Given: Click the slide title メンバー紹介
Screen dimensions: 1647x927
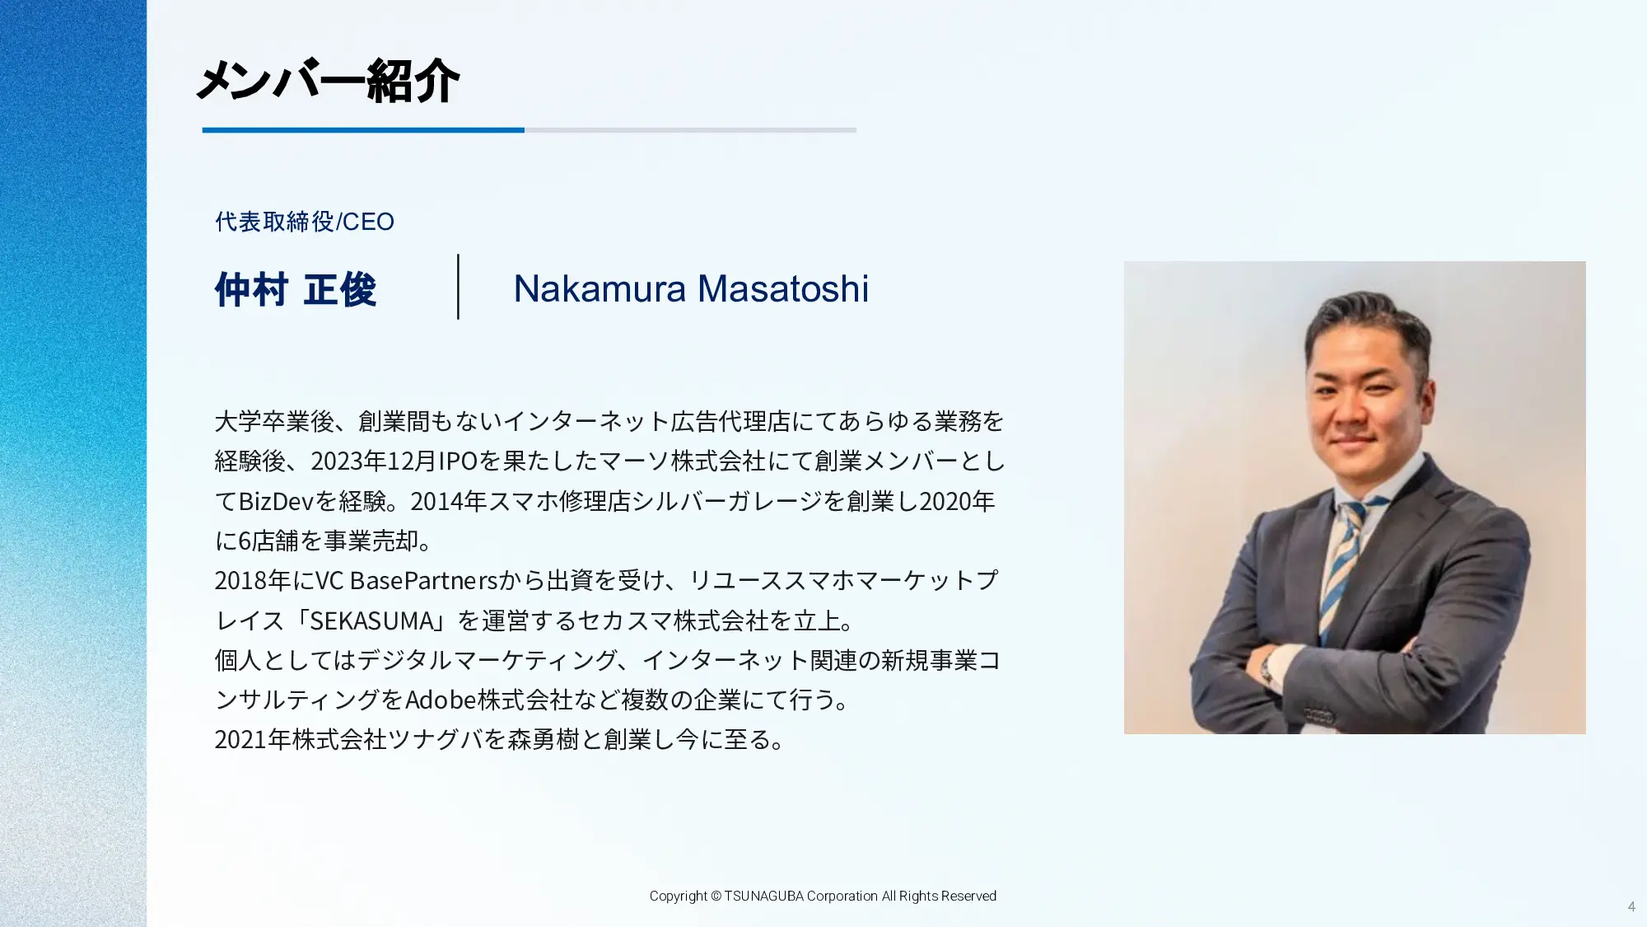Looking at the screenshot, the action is (x=328, y=82).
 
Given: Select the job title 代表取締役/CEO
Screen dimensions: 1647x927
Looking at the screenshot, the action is (x=305, y=222).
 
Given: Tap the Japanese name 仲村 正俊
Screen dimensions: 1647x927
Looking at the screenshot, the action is (x=296, y=289).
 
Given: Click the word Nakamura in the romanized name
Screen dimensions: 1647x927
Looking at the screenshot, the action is (x=600, y=288).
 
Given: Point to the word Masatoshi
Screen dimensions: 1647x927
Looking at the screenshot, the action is (x=783, y=288).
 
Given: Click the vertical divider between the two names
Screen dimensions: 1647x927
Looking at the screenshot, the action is (x=458, y=286).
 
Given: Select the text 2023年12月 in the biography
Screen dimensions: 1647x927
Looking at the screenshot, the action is (x=373, y=461).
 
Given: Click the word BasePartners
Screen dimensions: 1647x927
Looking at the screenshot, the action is (x=424, y=580).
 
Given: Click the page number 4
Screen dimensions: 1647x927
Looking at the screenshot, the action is (x=1631, y=906).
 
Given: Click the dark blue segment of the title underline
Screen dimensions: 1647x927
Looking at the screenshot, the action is (x=363, y=130).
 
